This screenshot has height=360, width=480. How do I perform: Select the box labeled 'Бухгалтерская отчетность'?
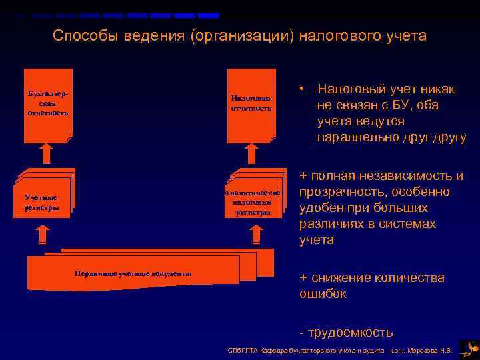pyautogui.click(x=47, y=105)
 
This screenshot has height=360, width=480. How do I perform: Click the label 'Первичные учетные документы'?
pyautogui.click(x=133, y=273)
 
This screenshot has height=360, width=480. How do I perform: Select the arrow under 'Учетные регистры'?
pyautogui.click(x=41, y=235)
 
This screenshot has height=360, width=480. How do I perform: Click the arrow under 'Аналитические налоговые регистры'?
pyautogui.click(x=255, y=235)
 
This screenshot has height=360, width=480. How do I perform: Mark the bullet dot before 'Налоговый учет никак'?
pyautogui.click(x=303, y=88)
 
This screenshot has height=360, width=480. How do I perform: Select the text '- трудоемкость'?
pyautogui.click(x=346, y=331)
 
